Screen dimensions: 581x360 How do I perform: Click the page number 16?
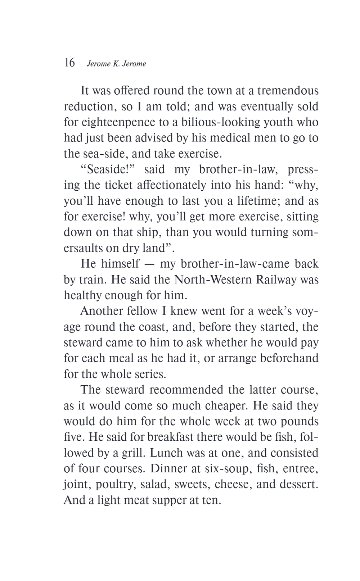point(69,63)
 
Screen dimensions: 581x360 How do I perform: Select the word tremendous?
point(288,90)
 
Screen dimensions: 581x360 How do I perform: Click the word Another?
point(102,311)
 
